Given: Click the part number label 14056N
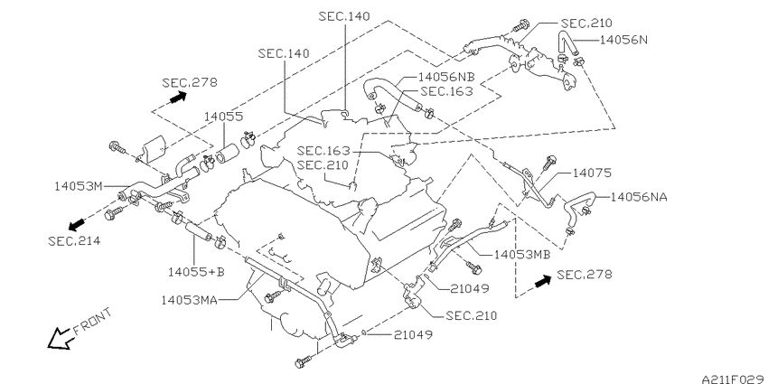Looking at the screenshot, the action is tap(623, 40).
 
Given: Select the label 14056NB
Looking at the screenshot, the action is tap(445, 77).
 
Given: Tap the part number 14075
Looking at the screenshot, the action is tap(593, 173).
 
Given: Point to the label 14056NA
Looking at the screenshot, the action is tap(639, 197).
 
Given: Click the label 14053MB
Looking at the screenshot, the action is tap(522, 255).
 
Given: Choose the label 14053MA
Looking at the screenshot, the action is tap(190, 299).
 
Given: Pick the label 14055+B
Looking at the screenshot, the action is tap(196, 272).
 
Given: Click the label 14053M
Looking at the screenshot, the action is tap(79, 186).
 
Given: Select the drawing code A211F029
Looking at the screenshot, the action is tap(735, 379).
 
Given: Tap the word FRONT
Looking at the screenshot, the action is tap(92, 322).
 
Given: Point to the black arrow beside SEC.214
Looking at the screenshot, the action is tap(77, 225).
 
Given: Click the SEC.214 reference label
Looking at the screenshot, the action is tap(74, 240).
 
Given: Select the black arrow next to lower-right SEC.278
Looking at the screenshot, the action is tap(543, 281).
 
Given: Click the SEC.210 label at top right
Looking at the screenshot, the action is tap(586, 23).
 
